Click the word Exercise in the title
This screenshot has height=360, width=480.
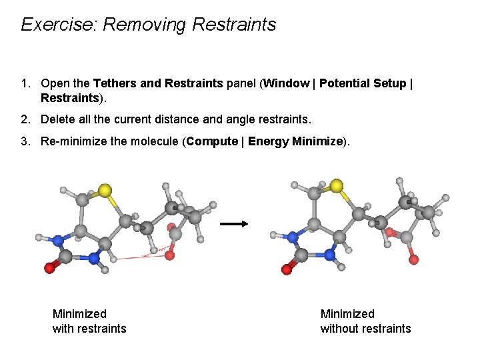[x=58, y=25]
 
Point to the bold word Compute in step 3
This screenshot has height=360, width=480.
[x=211, y=141]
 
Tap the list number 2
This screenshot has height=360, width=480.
[x=25, y=120]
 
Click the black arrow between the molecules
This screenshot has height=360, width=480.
[x=233, y=225]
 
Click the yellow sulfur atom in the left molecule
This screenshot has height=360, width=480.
[x=105, y=191]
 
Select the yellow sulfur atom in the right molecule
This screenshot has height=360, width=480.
[x=337, y=185]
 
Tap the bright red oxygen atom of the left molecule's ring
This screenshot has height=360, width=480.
[x=49, y=267]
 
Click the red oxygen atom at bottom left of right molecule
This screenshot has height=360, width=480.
[x=287, y=269]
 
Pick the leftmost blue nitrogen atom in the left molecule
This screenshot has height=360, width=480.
[x=58, y=240]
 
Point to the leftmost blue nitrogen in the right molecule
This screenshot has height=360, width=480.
[x=292, y=235]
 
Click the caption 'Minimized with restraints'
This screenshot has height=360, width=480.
[x=89, y=321]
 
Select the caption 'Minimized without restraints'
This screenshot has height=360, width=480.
[x=365, y=321]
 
